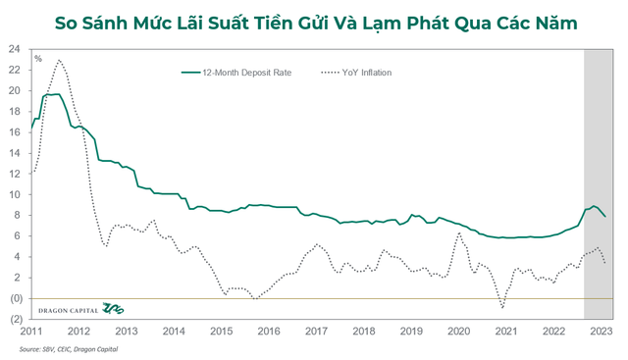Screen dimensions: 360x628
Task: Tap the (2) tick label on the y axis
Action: pyautogui.click(x=17, y=319)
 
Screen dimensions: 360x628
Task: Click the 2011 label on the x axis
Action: pyautogui.click(x=32, y=332)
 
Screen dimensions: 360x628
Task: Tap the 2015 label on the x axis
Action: pyautogui.click(x=222, y=332)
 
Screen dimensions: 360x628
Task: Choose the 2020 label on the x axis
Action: pyautogui.click(x=459, y=332)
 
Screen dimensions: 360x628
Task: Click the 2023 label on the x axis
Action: pyautogui.click(x=602, y=332)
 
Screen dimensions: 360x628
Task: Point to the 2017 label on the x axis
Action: pyautogui.click(x=317, y=332)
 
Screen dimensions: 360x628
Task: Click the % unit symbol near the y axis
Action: pyautogui.click(x=38, y=59)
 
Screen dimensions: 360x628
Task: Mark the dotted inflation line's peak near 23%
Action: pyautogui.click(x=60, y=61)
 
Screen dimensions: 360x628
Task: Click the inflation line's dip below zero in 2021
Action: pyautogui.click(x=503, y=307)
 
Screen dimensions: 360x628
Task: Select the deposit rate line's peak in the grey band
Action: pyautogui.click(x=593, y=206)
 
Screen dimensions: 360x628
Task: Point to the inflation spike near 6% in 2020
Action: pyautogui.click(x=458, y=233)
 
